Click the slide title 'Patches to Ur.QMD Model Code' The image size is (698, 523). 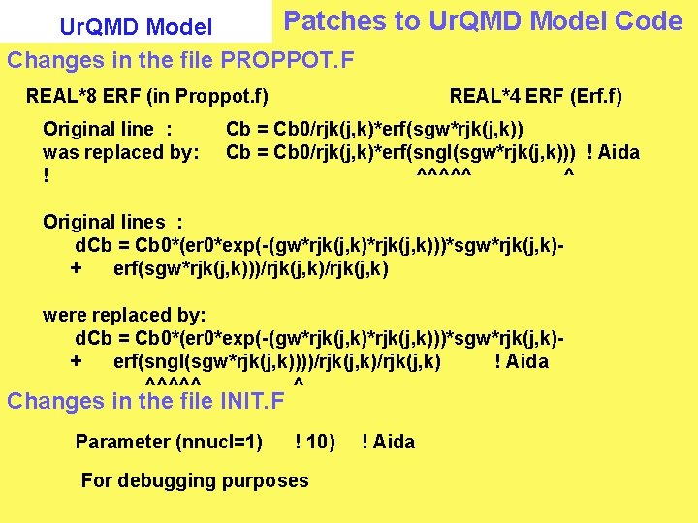483,21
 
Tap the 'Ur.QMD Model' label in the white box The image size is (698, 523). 136,26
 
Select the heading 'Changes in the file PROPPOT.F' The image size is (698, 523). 181,61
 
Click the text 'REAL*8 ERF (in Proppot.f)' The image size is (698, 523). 147,96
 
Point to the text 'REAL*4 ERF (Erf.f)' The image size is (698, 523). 535,96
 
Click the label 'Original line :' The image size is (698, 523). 108,129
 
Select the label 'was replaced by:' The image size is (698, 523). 121,152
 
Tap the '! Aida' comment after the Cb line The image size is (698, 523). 614,152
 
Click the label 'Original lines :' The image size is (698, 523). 112,222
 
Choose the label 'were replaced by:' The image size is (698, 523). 124,315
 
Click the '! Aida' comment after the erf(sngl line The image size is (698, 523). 522,361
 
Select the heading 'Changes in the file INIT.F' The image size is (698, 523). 146,401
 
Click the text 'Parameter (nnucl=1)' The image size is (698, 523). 169,442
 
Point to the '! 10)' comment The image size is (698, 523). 315,442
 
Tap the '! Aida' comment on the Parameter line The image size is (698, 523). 388,442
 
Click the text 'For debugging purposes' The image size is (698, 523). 195,480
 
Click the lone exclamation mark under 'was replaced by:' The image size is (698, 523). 46,175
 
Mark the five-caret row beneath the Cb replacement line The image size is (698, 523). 444,175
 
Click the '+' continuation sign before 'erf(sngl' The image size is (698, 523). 77,361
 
